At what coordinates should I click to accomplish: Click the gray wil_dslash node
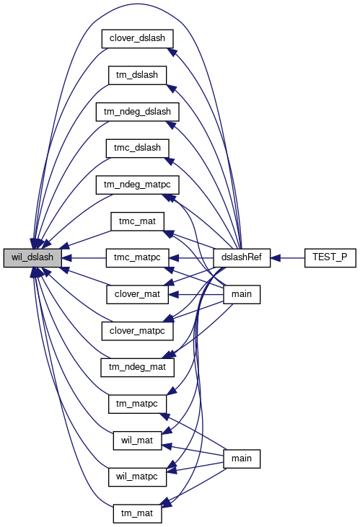[32, 258]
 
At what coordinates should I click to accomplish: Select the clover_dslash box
[137, 38]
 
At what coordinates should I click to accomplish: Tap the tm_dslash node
[137, 75]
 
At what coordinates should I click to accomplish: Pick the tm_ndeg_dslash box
[137, 112]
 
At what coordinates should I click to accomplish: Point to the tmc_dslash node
[137, 149]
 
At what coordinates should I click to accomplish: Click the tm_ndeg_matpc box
[137, 185]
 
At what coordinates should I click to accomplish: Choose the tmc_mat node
[137, 221]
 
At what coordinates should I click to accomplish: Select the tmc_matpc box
[137, 258]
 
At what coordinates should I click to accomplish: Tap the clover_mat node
[137, 294]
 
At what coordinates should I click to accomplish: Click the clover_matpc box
[137, 331]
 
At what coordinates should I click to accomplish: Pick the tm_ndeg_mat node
[137, 368]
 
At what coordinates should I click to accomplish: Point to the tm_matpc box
[137, 404]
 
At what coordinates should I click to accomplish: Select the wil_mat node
[137, 440]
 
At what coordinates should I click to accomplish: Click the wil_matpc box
[137, 477]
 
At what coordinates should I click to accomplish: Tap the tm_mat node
[137, 513]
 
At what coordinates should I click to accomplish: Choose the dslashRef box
[242, 258]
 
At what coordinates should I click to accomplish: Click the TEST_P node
[330, 258]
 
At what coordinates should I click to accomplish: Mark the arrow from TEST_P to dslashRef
[287, 258]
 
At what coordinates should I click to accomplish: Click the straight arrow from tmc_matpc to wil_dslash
[84, 258]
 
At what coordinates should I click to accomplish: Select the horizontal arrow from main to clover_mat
[196, 295]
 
